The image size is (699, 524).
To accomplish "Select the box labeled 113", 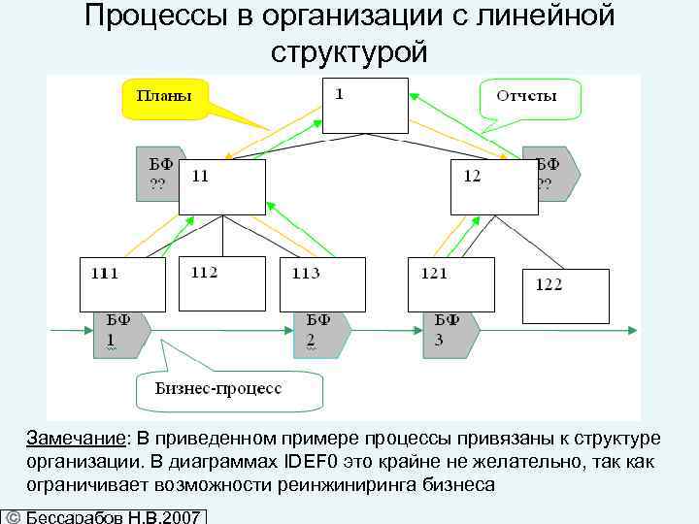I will click(x=322, y=284).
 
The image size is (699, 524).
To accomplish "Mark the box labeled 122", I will click(x=566, y=297).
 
